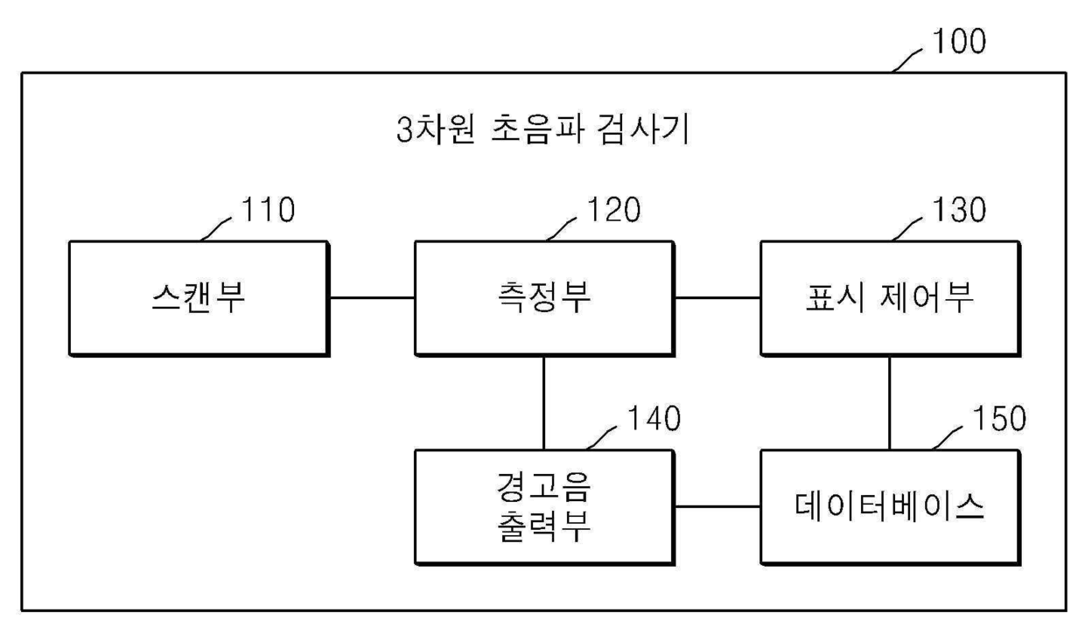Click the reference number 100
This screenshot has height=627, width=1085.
(959, 41)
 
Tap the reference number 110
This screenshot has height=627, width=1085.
(268, 210)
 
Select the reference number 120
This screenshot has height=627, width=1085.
(613, 210)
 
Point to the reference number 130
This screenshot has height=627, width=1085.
(959, 210)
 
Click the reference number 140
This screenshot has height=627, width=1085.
(654, 418)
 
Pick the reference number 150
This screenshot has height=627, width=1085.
(999, 418)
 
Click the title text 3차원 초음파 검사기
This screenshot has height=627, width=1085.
(543, 129)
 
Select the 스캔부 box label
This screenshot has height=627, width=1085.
(198, 297)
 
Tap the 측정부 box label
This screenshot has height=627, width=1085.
(544, 297)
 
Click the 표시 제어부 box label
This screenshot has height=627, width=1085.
(889, 297)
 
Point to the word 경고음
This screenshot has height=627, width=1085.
(543, 487)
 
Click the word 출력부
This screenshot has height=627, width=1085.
(544, 526)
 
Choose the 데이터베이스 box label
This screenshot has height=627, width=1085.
(889, 506)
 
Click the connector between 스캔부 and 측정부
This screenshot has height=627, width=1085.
(372, 298)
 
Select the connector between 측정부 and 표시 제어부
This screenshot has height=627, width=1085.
(717, 298)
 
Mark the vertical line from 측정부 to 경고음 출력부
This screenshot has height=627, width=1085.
(544, 403)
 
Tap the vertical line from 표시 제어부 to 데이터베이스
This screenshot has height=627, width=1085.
(889, 403)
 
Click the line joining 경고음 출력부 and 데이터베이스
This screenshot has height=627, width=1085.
(717, 507)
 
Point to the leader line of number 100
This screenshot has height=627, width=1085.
(906, 60)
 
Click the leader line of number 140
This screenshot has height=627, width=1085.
(601, 438)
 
